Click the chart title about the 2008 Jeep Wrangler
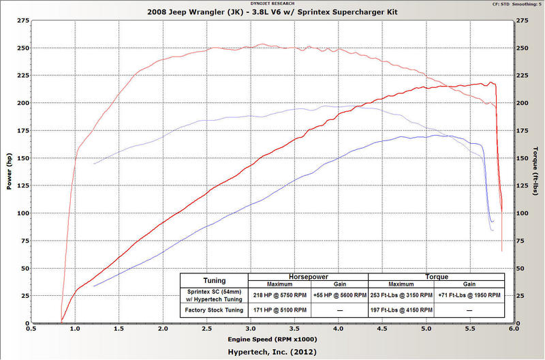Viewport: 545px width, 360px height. [272, 13]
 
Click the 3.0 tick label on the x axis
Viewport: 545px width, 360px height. [250, 328]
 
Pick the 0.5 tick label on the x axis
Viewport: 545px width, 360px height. [31, 328]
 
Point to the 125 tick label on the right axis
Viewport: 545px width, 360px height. [522, 185]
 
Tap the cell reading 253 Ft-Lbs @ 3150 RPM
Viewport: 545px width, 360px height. [400, 295]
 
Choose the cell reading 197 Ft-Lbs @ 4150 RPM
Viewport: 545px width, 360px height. [400, 310]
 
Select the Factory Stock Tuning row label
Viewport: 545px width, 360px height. [214, 310]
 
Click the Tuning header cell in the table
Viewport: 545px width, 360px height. [214, 280]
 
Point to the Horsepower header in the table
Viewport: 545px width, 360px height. [308, 277]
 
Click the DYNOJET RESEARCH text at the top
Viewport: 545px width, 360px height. [272, 3]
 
